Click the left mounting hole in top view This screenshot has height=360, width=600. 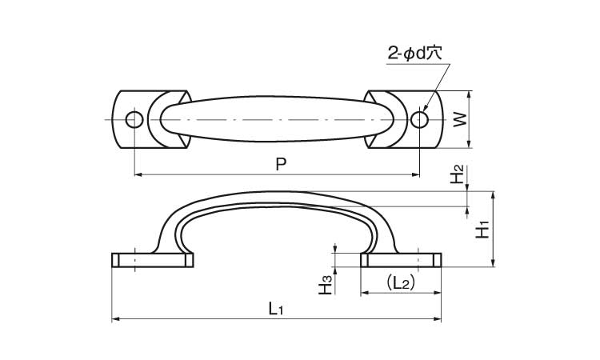(x=134, y=120)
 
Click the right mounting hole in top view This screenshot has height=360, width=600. (x=420, y=119)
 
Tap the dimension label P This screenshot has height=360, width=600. (x=282, y=164)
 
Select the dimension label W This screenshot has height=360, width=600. (x=460, y=119)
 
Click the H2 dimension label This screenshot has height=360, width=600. (x=457, y=174)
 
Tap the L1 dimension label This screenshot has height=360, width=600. (x=275, y=308)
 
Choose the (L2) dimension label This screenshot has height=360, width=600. (x=399, y=283)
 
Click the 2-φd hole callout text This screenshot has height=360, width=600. (x=414, y=54)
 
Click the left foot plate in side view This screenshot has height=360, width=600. (x=153, y=260)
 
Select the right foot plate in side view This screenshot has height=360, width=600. (x=401, y=260)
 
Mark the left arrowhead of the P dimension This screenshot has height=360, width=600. (x=138, y=175)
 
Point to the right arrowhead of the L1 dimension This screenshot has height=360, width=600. (x=438, y=318)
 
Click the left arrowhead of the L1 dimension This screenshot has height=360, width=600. (x=115, y=318)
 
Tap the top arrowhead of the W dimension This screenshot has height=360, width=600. (x=470, y=94)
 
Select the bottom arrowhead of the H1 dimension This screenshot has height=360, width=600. (x=494, y=263)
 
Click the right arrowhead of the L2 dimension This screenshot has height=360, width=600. (x=438, y=293)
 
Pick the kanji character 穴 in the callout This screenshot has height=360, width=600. (x=435, y=54)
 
